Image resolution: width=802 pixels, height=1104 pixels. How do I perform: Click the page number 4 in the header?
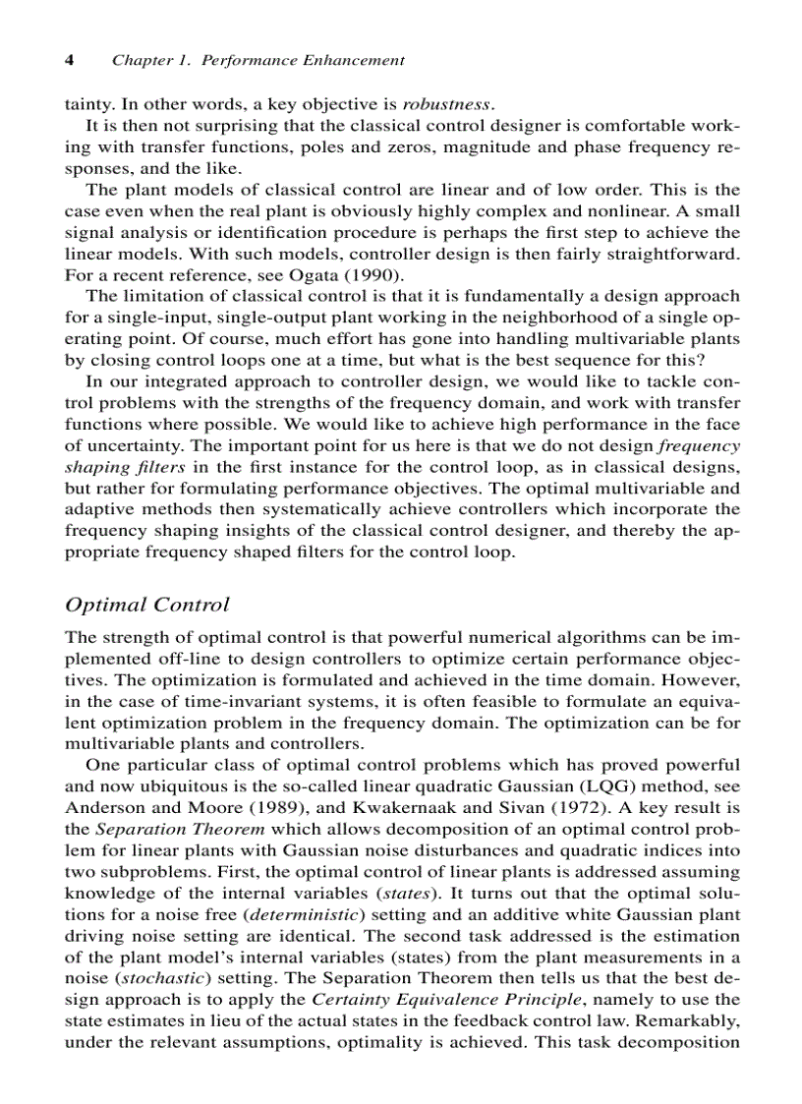click(x=70, y=60)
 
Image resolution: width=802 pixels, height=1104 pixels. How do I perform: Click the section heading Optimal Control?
click(x=146, y=605)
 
